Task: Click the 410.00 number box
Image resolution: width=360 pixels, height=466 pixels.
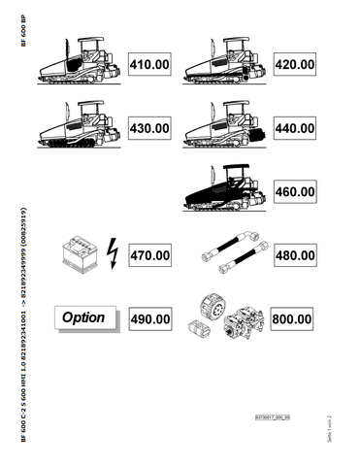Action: click(x=150, y=65)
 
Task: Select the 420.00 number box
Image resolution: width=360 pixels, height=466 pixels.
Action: click(x=293, y=65)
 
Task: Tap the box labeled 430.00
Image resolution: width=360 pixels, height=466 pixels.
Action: click(x=150, y=128)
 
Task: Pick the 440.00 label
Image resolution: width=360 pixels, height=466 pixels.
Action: click(x=293, y=128)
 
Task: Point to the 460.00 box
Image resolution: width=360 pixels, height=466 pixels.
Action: click(x=293, y=192)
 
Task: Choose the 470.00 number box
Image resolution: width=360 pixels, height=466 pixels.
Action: click(x=150, y=255)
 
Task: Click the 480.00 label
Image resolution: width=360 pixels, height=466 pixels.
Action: click(x=293, y=255)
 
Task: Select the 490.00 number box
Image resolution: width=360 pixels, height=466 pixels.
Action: click(x=150, y=318)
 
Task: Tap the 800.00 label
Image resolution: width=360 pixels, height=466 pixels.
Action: click(x=293, y=318)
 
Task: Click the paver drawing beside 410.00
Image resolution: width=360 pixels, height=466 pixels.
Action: click(x=78, y=65)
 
